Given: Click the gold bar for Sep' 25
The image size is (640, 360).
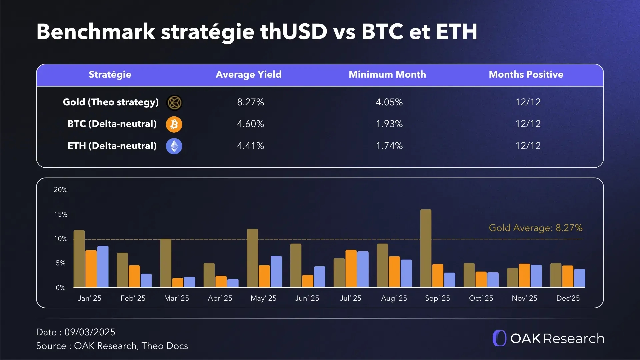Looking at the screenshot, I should point(426,248).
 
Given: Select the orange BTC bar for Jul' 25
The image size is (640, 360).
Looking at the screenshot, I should point(351,268).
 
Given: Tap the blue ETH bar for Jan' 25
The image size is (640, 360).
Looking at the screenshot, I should point(103,267).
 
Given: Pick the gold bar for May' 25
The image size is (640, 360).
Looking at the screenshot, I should point(252,258).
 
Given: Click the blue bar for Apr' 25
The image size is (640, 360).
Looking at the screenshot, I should point(233,283).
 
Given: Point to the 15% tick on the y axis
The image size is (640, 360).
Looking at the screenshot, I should point(61,214).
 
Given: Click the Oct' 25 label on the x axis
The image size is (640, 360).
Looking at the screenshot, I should point(481,298).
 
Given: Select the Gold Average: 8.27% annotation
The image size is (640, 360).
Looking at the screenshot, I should point(535,228).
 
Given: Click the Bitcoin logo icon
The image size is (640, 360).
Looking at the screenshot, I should point(174,124).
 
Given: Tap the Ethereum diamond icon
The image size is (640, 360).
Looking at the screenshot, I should point(174,146).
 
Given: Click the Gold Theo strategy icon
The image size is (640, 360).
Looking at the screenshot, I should point(174,102).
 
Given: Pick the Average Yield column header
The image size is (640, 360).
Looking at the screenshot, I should point(248,74).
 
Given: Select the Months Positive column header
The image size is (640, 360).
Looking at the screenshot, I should point(526,74).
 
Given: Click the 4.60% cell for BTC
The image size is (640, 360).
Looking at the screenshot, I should point(250,124).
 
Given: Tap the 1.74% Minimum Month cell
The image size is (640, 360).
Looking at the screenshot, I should point(389,146).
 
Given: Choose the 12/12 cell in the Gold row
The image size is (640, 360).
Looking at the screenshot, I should point(528,102).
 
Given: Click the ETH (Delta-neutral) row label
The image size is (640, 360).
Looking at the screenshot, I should point(112,146).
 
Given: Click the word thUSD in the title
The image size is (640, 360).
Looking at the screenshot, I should point(294,32).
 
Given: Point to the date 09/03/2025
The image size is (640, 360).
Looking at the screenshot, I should point(90,332).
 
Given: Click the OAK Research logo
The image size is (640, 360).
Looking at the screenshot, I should point(548,338).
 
